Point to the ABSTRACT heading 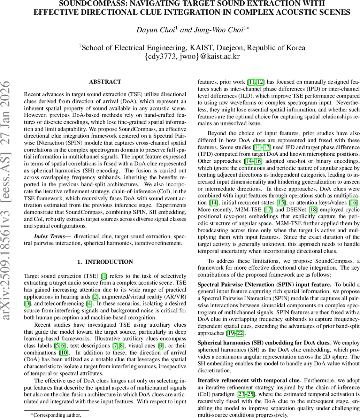coord(105,82)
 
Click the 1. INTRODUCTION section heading coord(105,262)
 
